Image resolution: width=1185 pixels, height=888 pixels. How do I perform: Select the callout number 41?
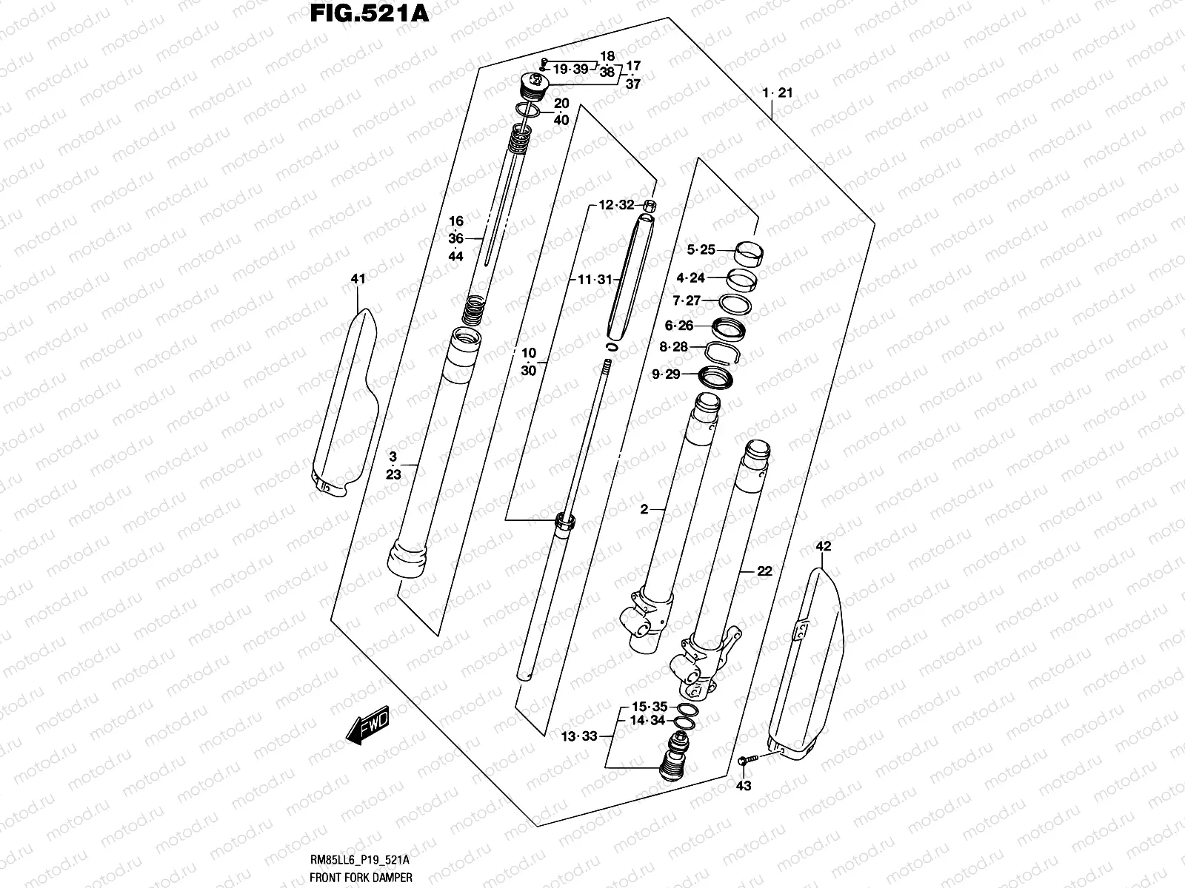tap(358, 279)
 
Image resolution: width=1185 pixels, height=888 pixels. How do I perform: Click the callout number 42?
tap(823, 547)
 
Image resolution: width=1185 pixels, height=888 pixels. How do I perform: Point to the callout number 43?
tap(744, 785)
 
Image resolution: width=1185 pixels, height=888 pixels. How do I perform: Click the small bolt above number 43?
tap(747, 759)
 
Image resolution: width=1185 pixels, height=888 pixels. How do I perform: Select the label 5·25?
tap(700, 250)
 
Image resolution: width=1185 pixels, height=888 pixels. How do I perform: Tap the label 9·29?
tap(666, 374)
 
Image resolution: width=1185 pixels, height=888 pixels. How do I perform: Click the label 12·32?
tap(616, 205)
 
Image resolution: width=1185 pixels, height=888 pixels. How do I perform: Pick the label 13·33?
tap(578, 736)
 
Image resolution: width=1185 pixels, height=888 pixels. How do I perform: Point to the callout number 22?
tap(764, 571)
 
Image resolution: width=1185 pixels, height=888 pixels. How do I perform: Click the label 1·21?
tap(778, 93)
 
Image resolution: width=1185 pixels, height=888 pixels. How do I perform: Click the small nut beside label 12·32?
tap(649, 206)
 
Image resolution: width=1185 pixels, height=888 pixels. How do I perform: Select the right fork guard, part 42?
tap(807, 666)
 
